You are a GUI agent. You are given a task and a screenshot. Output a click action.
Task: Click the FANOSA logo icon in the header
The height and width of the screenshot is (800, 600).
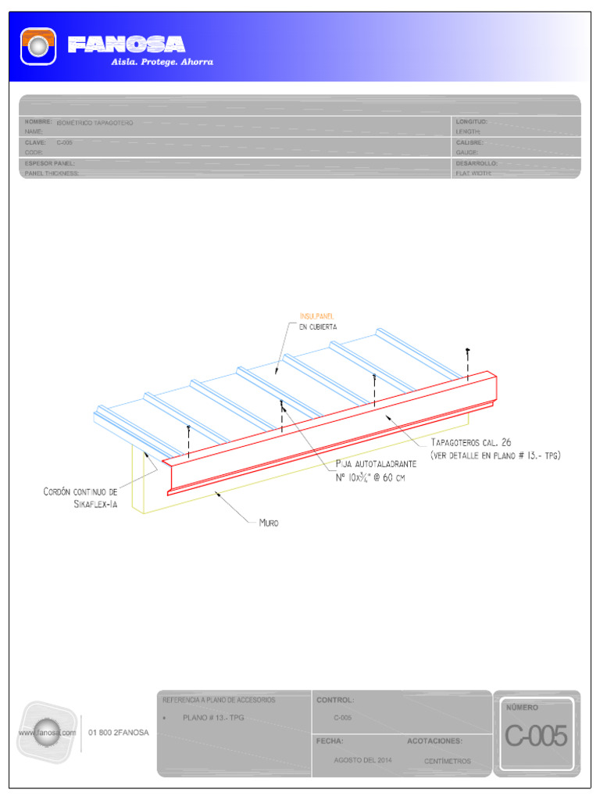click(37, 46)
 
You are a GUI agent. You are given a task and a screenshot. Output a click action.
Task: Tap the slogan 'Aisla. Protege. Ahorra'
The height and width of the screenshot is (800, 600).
click(161, 62)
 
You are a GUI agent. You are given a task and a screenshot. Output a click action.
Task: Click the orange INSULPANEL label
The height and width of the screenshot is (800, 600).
click(317, 316)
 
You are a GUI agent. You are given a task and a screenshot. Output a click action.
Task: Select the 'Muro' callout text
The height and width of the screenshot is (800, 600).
click(269, 523)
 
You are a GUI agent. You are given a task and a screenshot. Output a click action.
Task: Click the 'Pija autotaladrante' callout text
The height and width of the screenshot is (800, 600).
click(376, 464)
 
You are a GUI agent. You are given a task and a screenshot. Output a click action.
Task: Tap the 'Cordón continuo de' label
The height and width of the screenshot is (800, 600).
click(80, 492)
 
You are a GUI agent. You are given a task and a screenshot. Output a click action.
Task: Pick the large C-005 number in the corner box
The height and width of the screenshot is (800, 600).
click(535, 736)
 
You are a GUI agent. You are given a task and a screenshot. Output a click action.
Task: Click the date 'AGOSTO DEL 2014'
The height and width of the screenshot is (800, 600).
click(362, 760)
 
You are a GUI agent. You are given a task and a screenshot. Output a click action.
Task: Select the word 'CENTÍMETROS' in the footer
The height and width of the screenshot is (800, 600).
click(447, 761)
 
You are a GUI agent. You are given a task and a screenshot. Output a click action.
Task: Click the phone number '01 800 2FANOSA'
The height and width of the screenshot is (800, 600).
click(118, 733)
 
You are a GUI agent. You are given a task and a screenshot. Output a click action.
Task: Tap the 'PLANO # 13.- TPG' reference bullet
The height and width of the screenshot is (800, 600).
click(213, 718)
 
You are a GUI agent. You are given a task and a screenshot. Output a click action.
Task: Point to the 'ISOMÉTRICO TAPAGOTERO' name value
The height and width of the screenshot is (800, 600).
click(95, 123)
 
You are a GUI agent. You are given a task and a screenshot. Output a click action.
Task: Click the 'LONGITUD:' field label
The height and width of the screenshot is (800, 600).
click(471, 122)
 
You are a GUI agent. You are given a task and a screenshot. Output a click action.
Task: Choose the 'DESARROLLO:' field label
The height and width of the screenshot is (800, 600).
click(477, 164)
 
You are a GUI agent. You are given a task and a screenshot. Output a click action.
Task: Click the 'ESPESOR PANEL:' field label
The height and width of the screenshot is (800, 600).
click(49, 164)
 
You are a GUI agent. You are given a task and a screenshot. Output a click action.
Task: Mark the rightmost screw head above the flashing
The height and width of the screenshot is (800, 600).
click(467, 348)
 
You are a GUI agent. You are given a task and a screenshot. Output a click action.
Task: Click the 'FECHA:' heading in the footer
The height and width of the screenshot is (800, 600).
click(330, 741)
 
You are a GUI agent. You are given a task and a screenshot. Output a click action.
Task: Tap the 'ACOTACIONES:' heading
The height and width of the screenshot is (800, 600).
click(434, 741)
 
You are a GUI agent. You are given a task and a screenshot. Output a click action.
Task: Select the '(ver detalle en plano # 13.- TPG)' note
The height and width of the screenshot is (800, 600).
click(495, 455)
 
